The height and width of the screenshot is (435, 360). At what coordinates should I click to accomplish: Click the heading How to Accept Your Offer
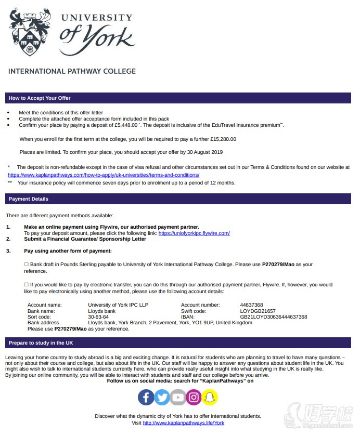[x=40, y=98]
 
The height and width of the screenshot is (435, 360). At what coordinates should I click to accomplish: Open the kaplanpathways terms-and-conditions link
[x=104, y=175]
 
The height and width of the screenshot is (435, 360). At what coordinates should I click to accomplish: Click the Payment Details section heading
[x=29, y=199]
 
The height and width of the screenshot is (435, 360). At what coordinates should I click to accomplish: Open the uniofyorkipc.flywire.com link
[x=194, y=233]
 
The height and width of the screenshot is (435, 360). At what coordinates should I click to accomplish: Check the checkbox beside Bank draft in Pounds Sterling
[x=27, y=265]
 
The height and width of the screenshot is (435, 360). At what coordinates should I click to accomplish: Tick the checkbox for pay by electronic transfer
[x=27, y=285]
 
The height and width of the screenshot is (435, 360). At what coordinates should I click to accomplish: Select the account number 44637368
[x=251, y=305]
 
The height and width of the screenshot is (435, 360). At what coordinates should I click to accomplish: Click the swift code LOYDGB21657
[x=258, y=311]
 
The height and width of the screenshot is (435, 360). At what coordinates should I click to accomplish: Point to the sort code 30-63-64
[x=98, y=317]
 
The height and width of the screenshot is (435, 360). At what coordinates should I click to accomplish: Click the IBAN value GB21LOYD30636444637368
[x=273, y=317]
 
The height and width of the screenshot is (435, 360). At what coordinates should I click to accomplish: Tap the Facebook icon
[x=146, y=398]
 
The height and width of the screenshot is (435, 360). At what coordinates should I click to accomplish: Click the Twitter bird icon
[x=162, y=398]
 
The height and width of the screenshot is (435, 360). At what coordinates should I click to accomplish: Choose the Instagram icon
[x=194, y=398]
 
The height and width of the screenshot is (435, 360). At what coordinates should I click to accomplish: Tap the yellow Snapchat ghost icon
[x=210, y=398]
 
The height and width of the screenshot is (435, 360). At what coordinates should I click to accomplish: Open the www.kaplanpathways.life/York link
[x=183, y=423]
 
